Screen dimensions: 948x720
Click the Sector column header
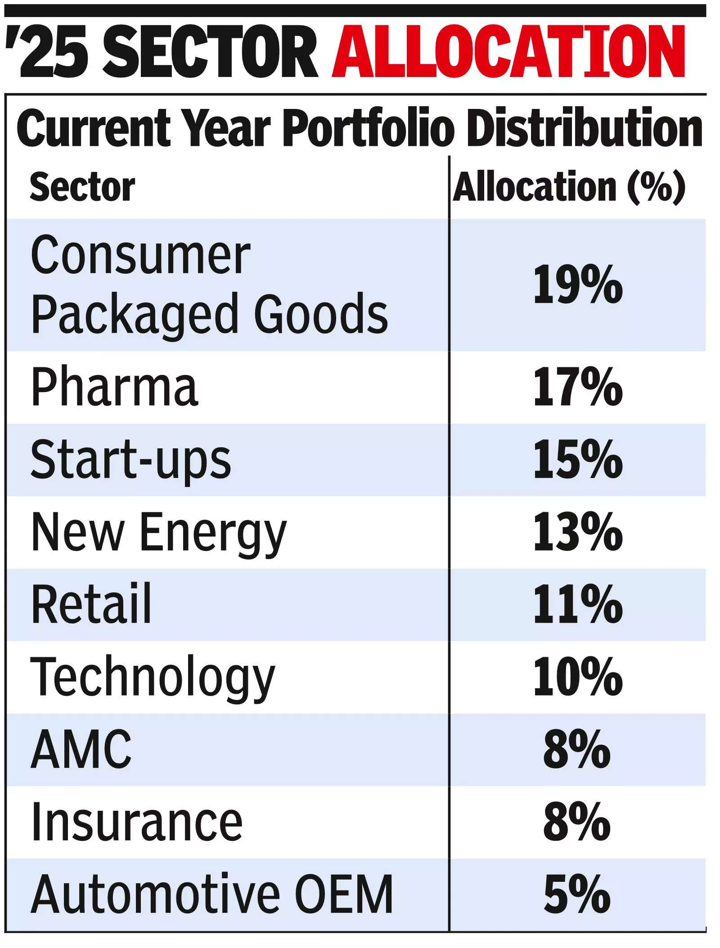point(82,187)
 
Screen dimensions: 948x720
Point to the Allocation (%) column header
point(569,187)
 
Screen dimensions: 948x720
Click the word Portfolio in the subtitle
point(367,129)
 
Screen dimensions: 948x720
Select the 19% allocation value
point(578,284)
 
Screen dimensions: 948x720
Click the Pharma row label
point(114,387)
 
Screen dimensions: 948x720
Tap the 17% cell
point(578,387)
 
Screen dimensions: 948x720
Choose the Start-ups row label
point(130,460)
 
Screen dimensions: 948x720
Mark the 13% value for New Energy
point(578,532)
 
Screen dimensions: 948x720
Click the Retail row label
point(91,604)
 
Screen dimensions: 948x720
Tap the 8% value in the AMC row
point(577,749)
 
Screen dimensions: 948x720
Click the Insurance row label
point(137,822)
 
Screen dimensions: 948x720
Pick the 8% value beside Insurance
point(577,822)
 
